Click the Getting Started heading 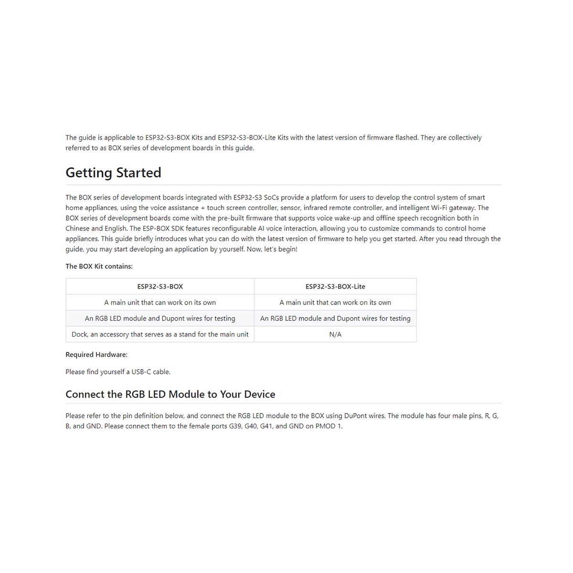click(113, 172)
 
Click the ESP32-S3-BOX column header click(160, 286)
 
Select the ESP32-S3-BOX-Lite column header click(335, 286)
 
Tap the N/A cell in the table click(335, 334)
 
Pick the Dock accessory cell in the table click(160, 334)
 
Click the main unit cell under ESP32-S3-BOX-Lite click(335, 302)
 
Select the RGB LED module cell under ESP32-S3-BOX click(160, 318)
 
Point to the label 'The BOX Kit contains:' click(99, 266)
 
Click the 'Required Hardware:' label click(96, 355)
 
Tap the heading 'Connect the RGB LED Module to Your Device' click(170, 394)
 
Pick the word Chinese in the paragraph click(77, 228)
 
